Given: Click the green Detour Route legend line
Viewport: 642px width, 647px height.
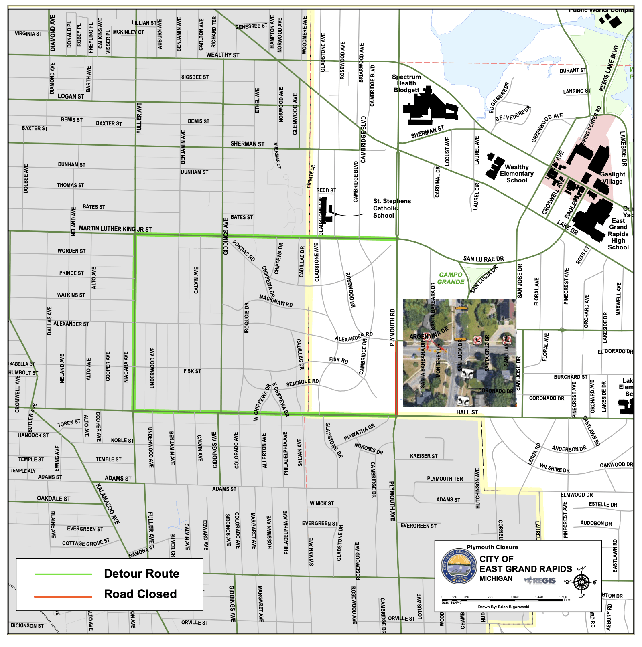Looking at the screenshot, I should (63, 574).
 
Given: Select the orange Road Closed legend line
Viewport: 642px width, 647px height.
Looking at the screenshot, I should (63, 597).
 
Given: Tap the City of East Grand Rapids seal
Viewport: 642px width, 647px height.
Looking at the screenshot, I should (458, 566).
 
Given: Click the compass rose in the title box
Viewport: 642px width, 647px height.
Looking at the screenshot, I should (581, 582).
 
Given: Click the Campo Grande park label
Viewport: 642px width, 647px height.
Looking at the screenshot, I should (451, 278).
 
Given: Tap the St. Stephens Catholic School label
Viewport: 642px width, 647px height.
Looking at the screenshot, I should (391, 208).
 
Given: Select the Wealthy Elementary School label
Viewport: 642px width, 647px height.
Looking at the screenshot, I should (517, 174).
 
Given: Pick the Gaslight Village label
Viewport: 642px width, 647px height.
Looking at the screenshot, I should (613, 178).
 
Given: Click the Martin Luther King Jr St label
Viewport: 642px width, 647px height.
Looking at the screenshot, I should (115, 229).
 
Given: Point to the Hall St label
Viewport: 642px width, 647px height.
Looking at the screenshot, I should (467, 412).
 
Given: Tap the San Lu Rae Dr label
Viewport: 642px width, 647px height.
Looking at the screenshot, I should (483, 259).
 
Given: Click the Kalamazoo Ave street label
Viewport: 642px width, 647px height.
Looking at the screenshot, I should (108, 504).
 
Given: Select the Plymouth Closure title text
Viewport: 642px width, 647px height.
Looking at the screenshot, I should (492, 547).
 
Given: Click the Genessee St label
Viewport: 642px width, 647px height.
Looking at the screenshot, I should (251, 26).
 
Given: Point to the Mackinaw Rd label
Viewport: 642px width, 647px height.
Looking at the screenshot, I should (276, 301).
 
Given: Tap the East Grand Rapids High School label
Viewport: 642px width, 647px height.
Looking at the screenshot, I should (618, 234).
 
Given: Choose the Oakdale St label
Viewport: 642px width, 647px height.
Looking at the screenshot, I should (53, 499).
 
